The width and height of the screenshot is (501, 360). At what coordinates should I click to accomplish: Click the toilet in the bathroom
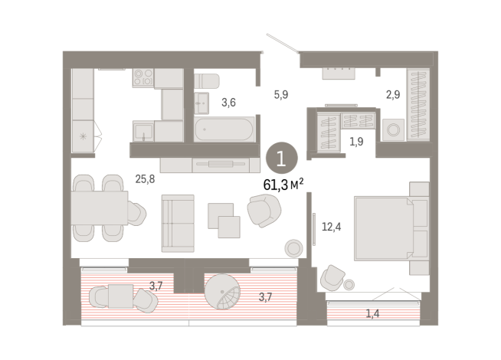click(207, 81)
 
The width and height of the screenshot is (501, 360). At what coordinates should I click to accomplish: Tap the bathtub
click(224, 129)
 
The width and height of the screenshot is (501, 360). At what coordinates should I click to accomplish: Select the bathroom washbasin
click(201, 103)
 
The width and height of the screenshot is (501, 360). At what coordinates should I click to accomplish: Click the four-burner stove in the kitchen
click(143, 77)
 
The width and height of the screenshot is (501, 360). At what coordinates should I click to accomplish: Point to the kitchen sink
click(143, 131)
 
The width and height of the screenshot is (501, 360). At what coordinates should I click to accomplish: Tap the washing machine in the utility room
click(393, 130)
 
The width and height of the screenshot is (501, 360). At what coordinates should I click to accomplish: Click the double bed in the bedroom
click(391, 228)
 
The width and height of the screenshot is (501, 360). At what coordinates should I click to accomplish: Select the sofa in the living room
click(178, 224)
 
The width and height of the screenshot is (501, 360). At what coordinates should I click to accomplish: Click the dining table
click(100, 208)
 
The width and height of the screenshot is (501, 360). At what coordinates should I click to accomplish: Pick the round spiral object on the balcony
click(222, 292)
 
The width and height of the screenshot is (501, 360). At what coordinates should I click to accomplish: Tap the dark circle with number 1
click(282, 158)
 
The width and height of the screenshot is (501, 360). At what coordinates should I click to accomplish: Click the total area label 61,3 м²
click(283, 185)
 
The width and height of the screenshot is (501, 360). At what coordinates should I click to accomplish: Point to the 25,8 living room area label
click(145, 179)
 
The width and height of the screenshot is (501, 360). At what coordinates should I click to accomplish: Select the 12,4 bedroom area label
click(332, 227)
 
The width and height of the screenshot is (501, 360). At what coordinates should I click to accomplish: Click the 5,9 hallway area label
click(281, 94)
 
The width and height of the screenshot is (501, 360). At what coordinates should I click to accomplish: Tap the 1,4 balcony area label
click(372, 314)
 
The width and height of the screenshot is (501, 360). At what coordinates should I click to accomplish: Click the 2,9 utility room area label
click(393, 94)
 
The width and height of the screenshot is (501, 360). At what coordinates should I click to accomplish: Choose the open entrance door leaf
click(283, 43)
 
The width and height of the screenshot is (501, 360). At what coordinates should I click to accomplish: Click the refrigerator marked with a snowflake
click(83, 136)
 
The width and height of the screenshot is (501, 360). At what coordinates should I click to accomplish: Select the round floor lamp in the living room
click(293, 248)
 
